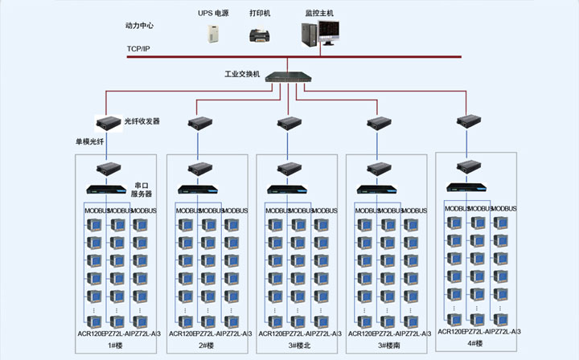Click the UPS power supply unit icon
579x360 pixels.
(212, 33)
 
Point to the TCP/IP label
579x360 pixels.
(138, 50)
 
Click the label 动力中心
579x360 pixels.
(139, 26)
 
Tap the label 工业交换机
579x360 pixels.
(242, 74)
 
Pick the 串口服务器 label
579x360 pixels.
(142, 190)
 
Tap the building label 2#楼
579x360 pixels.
(206, 345)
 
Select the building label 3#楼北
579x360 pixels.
(298, 345)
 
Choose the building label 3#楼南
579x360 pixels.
(387, 345)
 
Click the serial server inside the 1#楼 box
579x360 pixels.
(105, 190)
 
